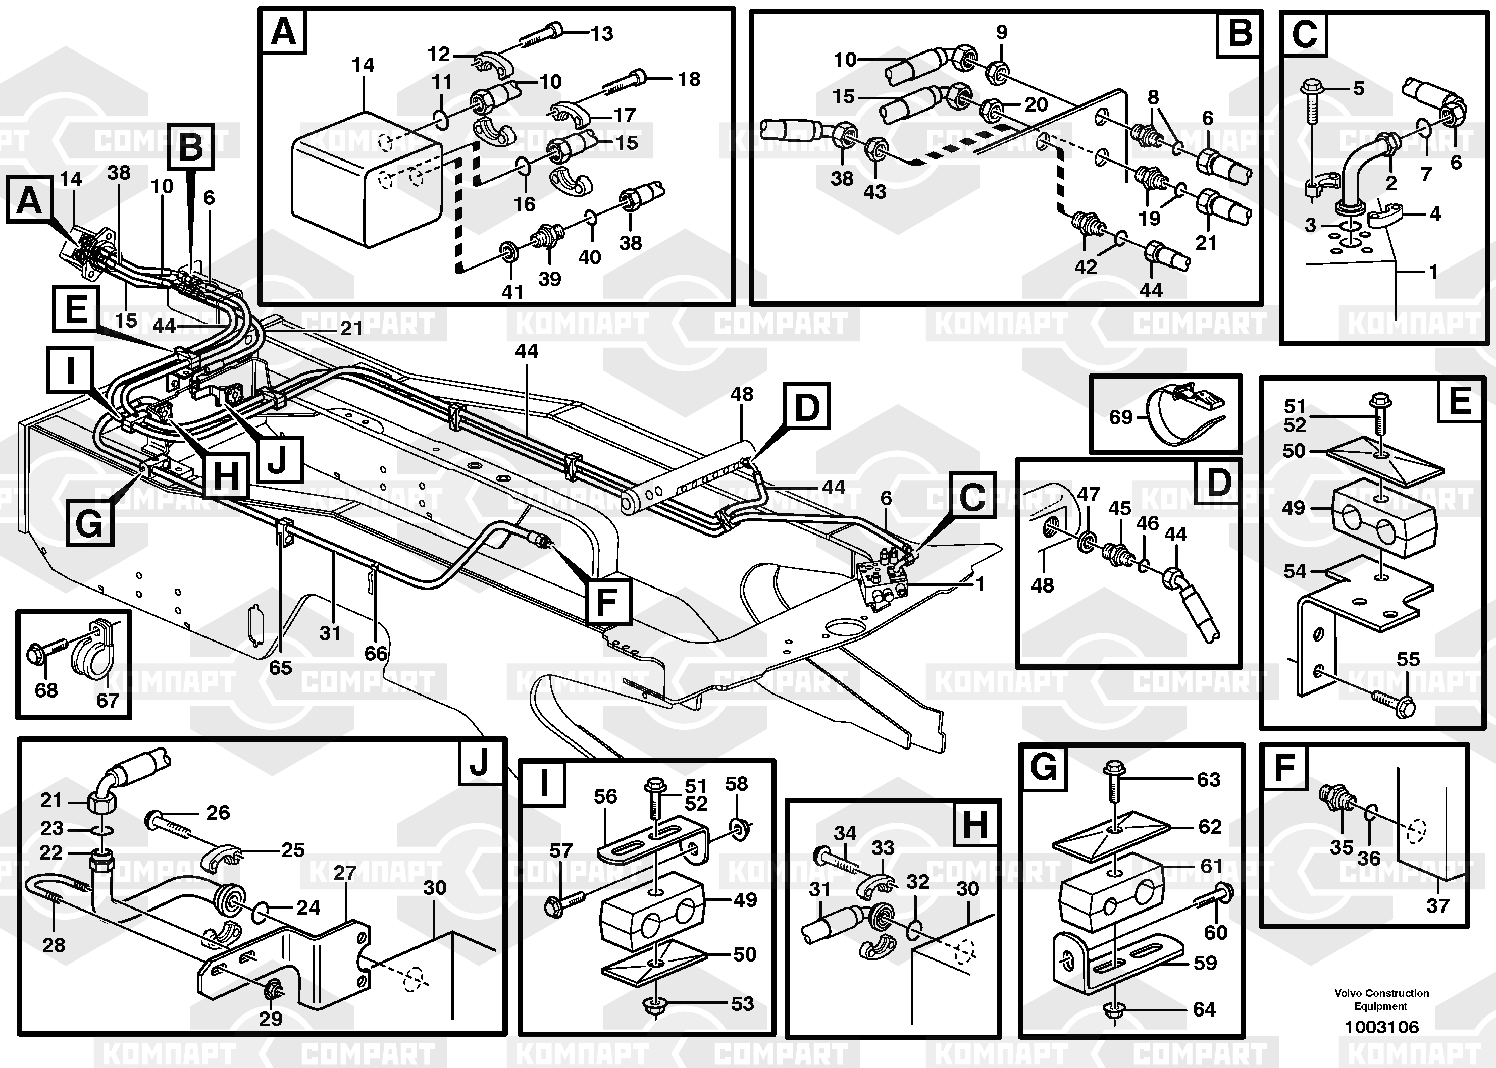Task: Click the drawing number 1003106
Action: pos(1381,1027)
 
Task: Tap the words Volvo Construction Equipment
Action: pos(1381,999)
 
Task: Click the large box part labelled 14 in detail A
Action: pos(365,181)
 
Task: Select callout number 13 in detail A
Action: pos(602,33)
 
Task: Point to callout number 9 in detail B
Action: pos(1001,32)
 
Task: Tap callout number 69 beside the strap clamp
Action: pos(1121,417)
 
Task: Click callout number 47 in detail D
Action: pos(1088,494)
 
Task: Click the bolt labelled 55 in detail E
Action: pos(1395,703)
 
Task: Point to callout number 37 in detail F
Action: pos(1437,905)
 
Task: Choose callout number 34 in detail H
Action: pos(845,833)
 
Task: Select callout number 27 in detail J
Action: pos(345,873)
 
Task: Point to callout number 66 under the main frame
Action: pos(376,653)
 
